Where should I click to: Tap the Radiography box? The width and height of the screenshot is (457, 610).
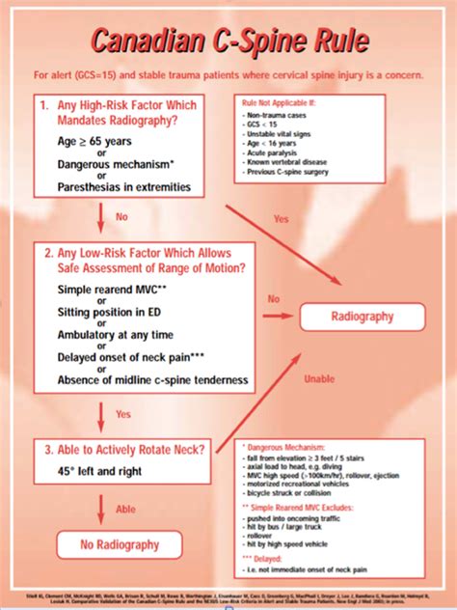point(362,315)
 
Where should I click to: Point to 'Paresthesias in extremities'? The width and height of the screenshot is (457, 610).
point(122,186)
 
